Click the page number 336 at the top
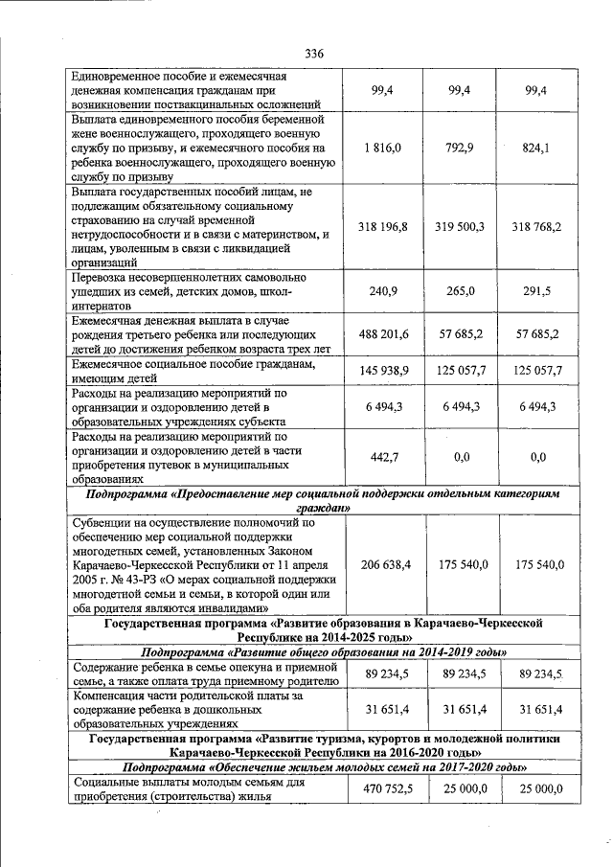click(x=314, y=53)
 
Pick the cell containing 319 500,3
click(x=462, y=226)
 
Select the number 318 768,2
click(x=536, y=226)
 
